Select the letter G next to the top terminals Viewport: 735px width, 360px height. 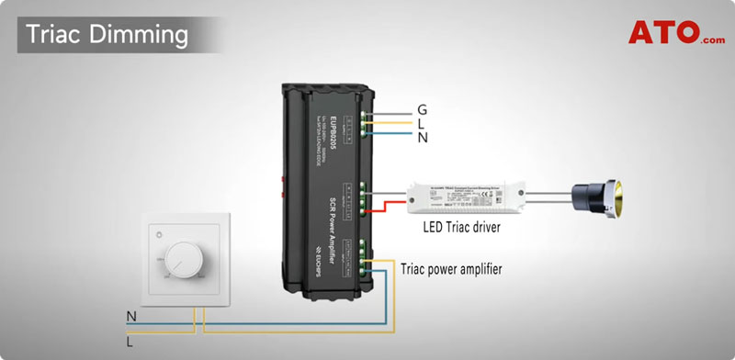[422, 110]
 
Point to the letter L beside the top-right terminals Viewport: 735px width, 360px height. [421, 123]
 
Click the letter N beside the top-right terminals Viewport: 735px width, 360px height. [422, 137]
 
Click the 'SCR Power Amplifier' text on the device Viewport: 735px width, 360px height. [334, 224]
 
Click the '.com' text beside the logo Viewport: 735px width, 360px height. [711, 39]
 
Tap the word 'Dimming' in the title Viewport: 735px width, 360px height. [140, 35]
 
